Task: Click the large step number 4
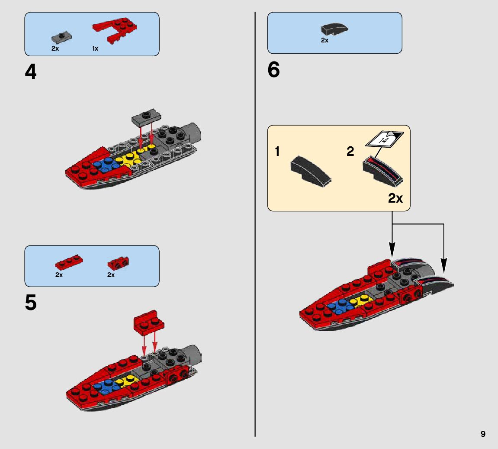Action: point(30,72)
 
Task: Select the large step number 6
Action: point(273,70)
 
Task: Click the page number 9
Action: point(483,434)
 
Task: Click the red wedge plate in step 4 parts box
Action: point(115,30)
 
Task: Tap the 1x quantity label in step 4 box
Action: point(95,48)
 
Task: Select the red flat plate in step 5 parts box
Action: point(69,262)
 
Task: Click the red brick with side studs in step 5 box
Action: point(118,263)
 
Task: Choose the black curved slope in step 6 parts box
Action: point(334,29)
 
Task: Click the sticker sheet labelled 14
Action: point(384,139)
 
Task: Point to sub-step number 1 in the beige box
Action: point(277,151)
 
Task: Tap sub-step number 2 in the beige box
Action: point(350,151)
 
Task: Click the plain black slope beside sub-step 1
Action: point(311,171)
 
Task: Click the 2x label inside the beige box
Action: point(395,198)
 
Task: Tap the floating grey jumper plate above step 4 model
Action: point(146,116)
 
